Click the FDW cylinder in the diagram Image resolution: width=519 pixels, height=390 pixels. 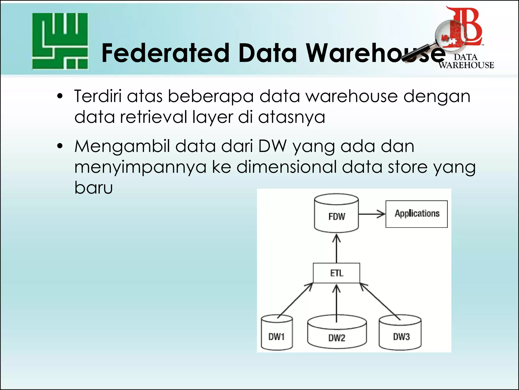click(x=336, y=214)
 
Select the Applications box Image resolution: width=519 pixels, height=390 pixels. click(x=416, y=214)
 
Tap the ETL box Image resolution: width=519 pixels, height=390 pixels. click(x=336, y=273)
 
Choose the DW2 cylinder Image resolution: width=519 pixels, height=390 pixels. click(x=337, y=333)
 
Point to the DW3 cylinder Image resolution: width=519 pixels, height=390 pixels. click(x=400, y=333)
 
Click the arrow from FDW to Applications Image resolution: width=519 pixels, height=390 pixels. click(x=372, y=214)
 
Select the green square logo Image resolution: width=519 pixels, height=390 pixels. click(x=60, y=41)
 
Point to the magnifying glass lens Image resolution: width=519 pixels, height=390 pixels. click(x=451, y=35)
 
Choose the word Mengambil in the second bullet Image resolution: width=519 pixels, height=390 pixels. click(x=122, y=147)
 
